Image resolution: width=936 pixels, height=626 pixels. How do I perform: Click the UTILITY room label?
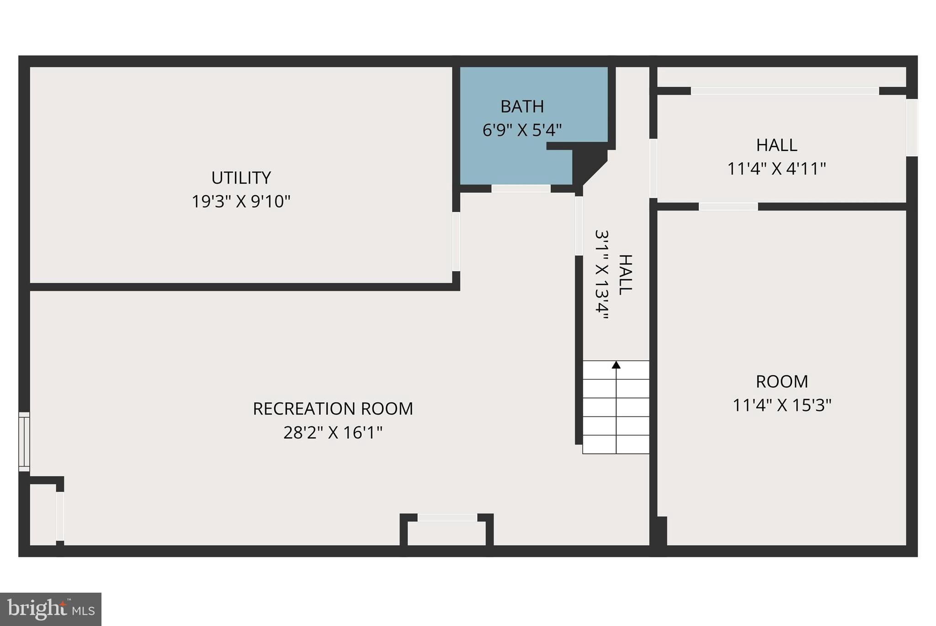tap(241, 177)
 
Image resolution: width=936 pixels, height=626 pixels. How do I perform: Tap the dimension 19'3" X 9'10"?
tap(241, 201)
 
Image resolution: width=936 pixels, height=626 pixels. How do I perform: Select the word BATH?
tap(522, 106)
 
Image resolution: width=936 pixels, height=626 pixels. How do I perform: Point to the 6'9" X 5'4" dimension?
tap(522, 130)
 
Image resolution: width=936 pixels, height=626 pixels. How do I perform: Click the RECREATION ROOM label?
tap(333, 408)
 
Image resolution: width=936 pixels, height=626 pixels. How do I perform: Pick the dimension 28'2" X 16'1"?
tap(333, 432)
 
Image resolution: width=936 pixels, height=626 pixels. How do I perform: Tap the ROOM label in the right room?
tap(782, 381)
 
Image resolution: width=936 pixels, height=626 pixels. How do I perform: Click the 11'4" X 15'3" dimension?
tap(782, 405)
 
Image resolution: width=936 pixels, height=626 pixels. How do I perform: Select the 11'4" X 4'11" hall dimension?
tap(776, 169)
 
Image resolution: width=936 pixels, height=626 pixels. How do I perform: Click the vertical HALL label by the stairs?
tap(625, 275)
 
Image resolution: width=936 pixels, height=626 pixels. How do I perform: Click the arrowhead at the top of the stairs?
tap(616, 365)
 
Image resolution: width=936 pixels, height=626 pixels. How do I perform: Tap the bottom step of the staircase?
tap(616, 445)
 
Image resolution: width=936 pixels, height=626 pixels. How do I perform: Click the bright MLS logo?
tap(50, 609)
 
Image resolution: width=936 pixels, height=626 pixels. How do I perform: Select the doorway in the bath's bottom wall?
tap(521, 188)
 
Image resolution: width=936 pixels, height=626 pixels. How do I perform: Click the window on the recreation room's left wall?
tap(24, 441)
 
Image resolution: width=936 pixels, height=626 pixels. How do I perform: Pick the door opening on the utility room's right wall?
tap(456, 241)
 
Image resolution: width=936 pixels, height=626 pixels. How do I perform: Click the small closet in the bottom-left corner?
tap(43, 514)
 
